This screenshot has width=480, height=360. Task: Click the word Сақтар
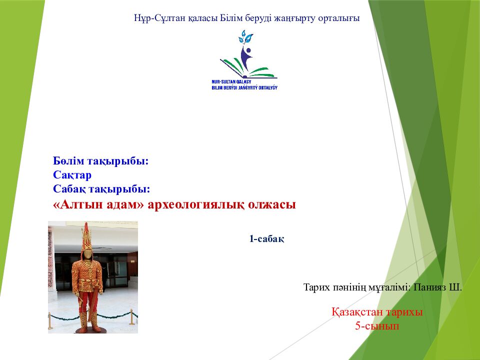coord(72,175)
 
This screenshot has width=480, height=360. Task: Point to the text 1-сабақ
coord(267,239)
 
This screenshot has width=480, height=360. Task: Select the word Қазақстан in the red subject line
coord(356,312)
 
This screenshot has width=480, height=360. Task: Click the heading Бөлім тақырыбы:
coord(100,161)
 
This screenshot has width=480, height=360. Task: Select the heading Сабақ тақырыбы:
coord(101,189)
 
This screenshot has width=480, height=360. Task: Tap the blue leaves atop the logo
coord(245,37)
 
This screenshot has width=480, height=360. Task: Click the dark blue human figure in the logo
coord(246,57)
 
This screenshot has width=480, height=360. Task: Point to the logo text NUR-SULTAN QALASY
coord(231,81)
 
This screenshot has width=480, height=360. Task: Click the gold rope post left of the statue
coord(50,321)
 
